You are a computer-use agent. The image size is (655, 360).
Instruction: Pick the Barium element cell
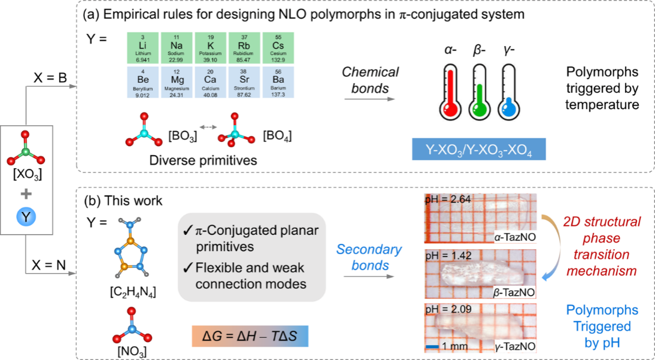279,81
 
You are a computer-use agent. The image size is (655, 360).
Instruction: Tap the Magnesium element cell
177,81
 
